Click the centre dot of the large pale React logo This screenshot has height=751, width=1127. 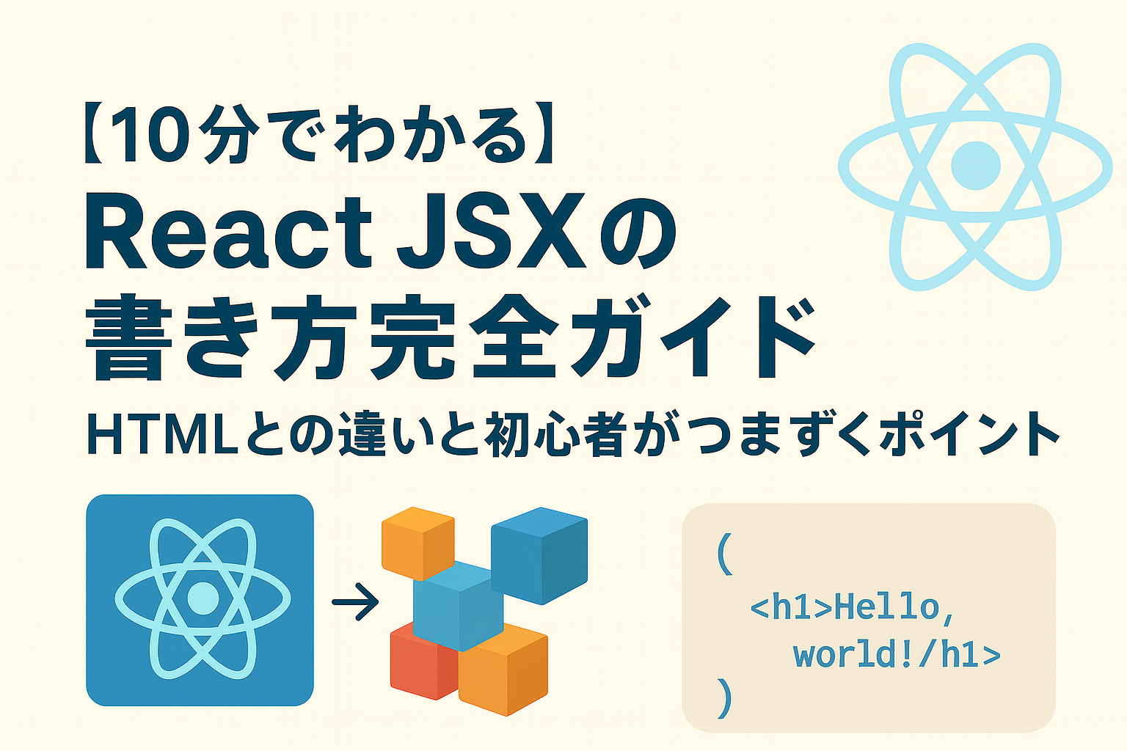pyautogui.click(x=975, y=166)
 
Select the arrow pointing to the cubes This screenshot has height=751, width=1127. pyautogui.click(x=355, y=602)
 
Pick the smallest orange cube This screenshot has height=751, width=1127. pyautogui.click(x=417, y=541)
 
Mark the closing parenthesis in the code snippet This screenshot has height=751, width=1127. pyautogui.click(x=724, y=697)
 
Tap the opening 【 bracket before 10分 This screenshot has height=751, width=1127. pyautogui.click(x=93, y=136)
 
